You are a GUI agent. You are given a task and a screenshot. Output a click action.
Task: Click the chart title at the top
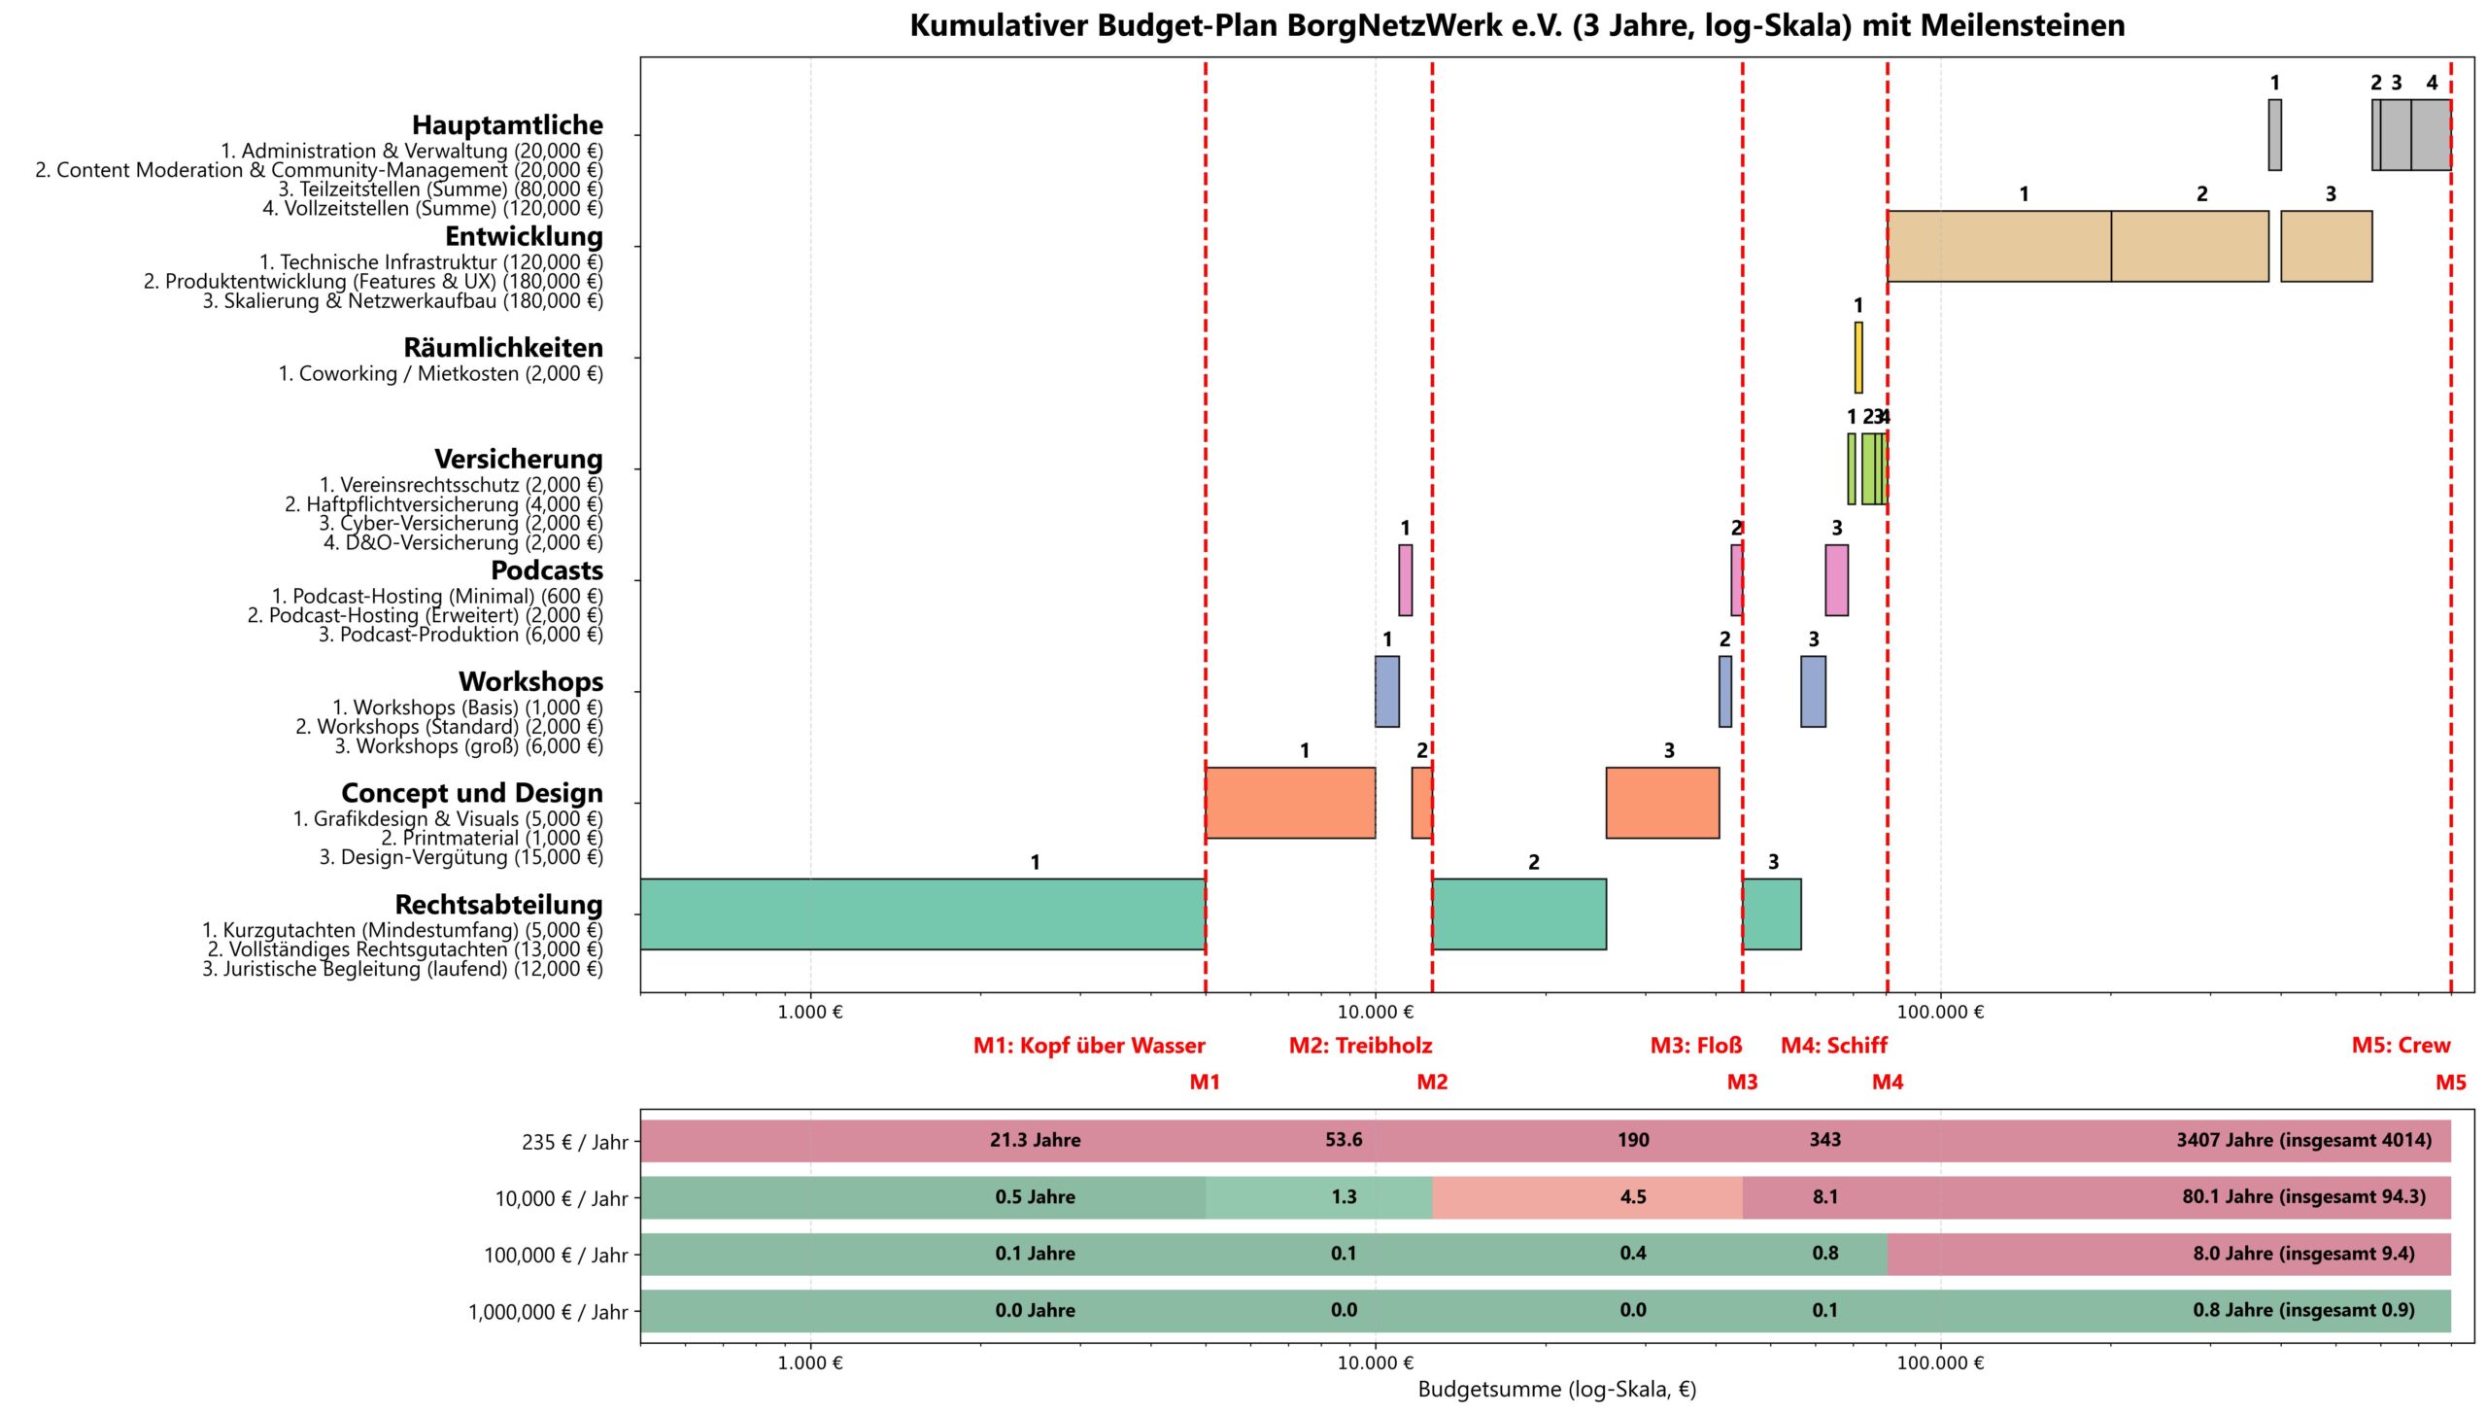pos(1516,25)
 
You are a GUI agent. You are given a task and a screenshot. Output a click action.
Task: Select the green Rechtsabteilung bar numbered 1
pos(922,914)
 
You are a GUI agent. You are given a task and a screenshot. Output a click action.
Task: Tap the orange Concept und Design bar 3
pos(1662,803)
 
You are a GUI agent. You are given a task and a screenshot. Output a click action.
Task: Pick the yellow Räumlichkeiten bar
pos(1858,358)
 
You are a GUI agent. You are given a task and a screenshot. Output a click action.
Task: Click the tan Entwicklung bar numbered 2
pos(2190,247)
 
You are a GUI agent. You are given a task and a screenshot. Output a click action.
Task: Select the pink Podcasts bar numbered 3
pos(1836,580)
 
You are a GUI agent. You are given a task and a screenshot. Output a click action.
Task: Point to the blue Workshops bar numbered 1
pos(1387,692)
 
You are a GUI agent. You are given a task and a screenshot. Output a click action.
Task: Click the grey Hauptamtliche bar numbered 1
pos(2275,135)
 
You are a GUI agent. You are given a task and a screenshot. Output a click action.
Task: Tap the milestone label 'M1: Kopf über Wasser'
pos(1089,1046)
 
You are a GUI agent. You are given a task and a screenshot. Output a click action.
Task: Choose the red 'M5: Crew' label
pos(2401,1046)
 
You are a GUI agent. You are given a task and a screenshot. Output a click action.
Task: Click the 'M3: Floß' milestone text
pos(1696,1046)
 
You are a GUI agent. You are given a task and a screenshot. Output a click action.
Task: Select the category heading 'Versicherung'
pos(519,459)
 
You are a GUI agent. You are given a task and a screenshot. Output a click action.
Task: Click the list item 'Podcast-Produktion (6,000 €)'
pos(460,635)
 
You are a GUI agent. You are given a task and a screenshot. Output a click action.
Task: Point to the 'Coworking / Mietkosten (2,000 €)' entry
pos(441,374)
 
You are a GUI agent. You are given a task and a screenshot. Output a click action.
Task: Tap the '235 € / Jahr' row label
pos(574,1142)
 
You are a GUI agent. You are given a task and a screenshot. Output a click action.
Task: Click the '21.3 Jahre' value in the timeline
pos(1035,1140)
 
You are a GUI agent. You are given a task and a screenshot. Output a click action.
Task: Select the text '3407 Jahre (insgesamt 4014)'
pos(2303,1140)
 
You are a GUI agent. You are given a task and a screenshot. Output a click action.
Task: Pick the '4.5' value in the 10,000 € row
pos(1633,1197)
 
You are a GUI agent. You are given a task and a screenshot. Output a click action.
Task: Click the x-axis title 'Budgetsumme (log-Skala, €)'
pos(1556,1389)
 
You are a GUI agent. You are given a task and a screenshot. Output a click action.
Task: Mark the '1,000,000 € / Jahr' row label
pos(548,1312)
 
